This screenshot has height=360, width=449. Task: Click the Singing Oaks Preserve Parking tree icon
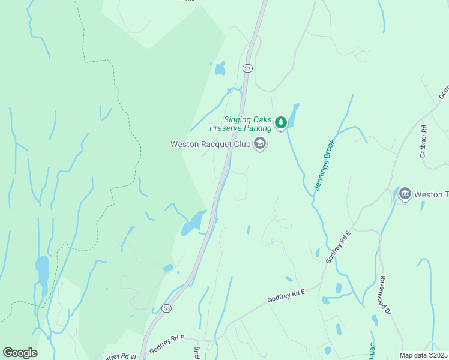coord(281,122)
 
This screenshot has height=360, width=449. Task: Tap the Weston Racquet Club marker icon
coord(260,144)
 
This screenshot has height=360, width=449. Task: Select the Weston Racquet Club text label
coord(210,144)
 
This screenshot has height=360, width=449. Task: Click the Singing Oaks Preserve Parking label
coord(240,123)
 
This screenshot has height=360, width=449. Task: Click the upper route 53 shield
coord(247,68)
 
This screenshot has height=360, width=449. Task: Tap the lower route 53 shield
coord(167,308)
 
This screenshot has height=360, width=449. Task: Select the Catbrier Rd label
coord(423,141)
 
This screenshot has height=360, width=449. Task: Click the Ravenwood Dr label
coord(385,295)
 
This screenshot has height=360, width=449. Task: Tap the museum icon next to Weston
coord(405,194)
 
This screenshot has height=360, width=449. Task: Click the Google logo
coord(20,353)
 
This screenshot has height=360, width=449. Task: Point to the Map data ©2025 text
coord(423,355)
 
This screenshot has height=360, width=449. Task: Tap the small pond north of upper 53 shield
coord(220,69)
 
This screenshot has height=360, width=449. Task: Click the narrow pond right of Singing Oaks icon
coord(294,113)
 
